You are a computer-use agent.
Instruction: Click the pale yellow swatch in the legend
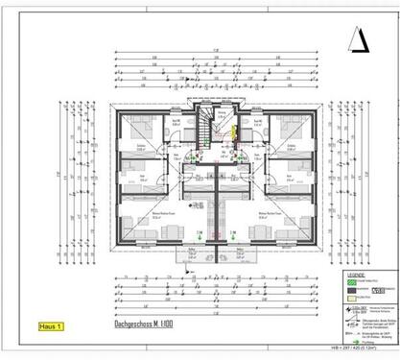tap(353, 298)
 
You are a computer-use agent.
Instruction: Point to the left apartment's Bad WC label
tap(176, 123)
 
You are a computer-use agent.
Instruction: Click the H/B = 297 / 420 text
tap(365, 350)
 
